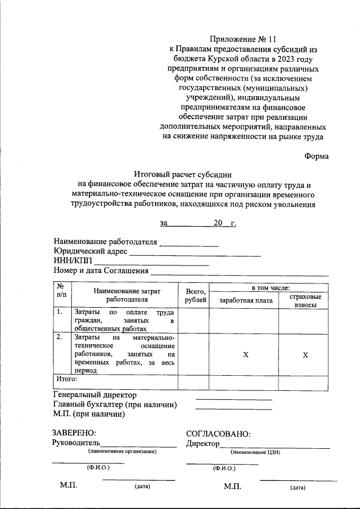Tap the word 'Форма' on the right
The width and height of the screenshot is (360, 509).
[317, 157]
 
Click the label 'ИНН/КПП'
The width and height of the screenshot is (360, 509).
[72, 261]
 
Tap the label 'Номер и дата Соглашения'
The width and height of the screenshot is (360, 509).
[101, 271]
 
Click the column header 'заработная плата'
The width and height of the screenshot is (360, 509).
[245, 300]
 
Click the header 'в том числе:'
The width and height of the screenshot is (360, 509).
[270, 287]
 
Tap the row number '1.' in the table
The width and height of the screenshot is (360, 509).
[60, 312]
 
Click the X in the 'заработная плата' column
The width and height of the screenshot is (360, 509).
[245, 355]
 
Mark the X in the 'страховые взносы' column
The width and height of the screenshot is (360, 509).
[305, 355]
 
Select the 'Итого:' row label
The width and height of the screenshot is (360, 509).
[66, 380]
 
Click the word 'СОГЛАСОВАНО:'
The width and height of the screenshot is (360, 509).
[218, 434]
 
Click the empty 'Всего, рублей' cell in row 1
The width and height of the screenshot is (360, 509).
[193, 319]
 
